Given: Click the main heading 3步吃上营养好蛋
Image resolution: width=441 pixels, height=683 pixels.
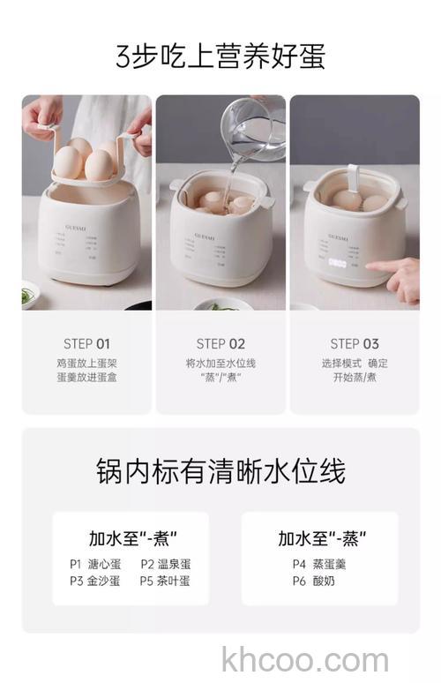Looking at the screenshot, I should (220, 56).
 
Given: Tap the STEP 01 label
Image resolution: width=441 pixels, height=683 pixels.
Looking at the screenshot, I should (86, 344).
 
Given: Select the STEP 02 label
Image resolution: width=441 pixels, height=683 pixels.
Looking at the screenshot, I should (220, 344).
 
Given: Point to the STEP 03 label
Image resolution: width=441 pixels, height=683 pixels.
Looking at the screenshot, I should (355, 344).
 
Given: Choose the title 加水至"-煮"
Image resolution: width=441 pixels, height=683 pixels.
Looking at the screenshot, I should (132, 537).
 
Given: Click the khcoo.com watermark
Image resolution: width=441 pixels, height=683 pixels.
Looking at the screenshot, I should (305, 658).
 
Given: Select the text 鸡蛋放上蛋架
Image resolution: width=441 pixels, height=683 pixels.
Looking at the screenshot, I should (86, 363).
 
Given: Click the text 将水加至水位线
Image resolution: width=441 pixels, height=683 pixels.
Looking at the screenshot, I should (220, 363).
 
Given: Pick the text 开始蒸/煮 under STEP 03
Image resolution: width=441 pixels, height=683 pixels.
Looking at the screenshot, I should (355, 378).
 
